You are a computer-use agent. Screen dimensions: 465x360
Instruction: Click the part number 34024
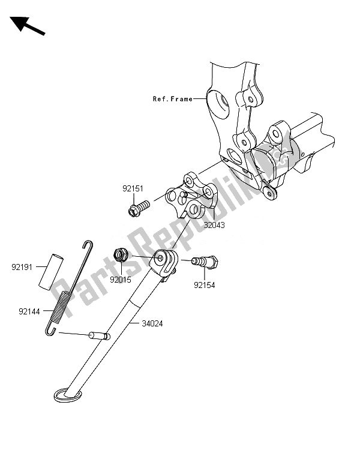[x=152, y=323]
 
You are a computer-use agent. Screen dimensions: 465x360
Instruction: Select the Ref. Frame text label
[x=172, y=99]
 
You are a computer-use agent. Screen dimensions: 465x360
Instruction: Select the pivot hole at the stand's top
[x=163, y=258]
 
